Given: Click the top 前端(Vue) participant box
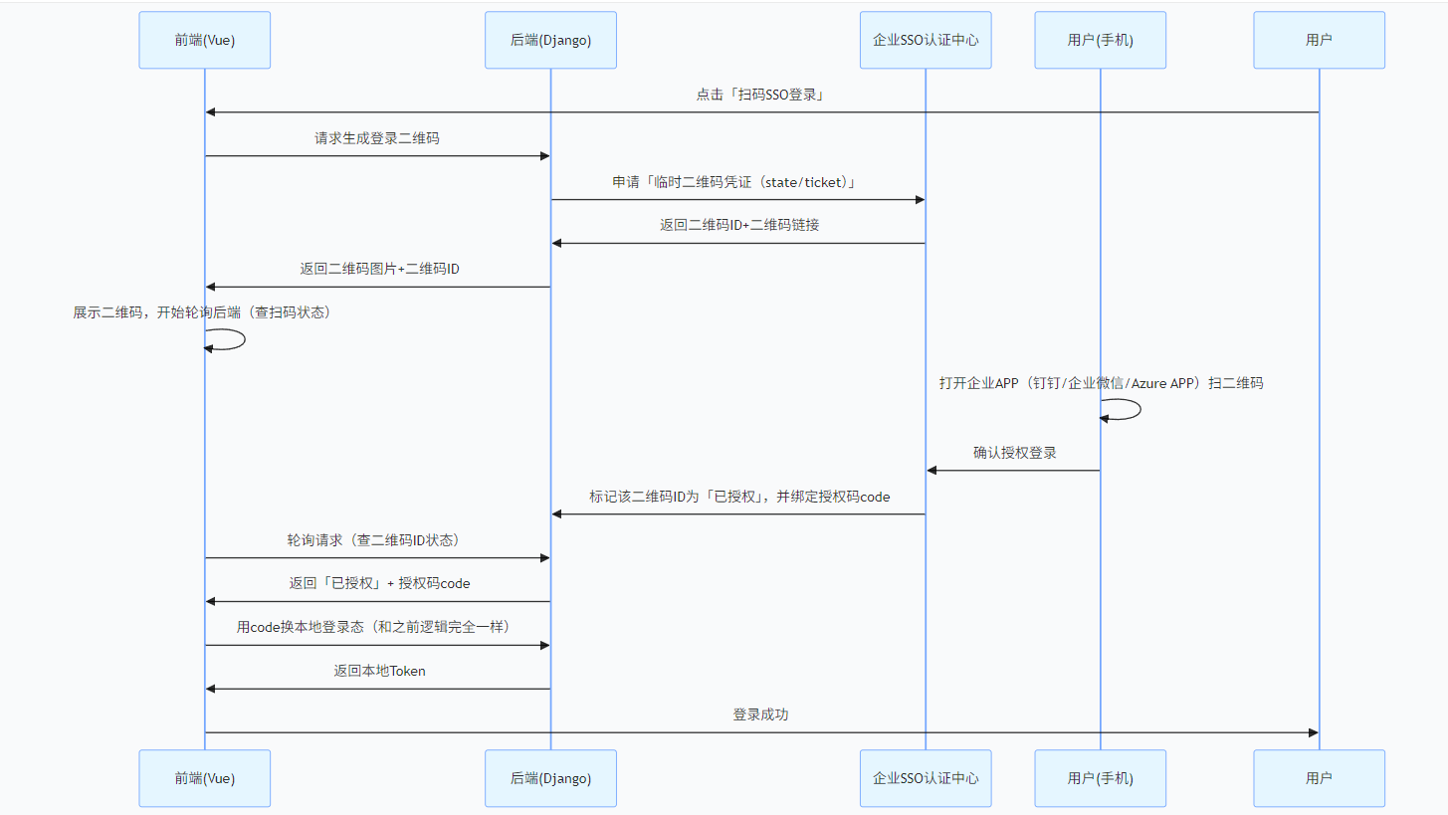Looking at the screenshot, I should pos(204,40).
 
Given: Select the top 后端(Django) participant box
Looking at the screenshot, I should pos(550,40).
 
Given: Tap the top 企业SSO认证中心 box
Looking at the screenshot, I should pos(925,40).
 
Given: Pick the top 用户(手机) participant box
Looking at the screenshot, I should pos(1100,40).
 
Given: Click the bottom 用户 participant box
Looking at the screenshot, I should pos(1319,778).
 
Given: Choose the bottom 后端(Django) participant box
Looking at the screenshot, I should pos(550,778).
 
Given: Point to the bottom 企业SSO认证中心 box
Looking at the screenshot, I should pos(925,778).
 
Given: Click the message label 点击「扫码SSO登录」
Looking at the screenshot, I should pos(760,96).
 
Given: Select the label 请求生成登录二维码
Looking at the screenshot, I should pos(376,138).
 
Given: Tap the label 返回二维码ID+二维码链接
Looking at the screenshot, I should pos(738,225).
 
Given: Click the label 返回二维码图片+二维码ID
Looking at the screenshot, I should pos(379,269).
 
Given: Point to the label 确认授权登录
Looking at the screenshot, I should pos(1014,453).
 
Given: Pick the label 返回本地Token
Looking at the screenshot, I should pos(379,671).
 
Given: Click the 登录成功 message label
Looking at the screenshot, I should pos(760,714).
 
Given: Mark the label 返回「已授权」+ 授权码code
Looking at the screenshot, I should pos(379,583).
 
